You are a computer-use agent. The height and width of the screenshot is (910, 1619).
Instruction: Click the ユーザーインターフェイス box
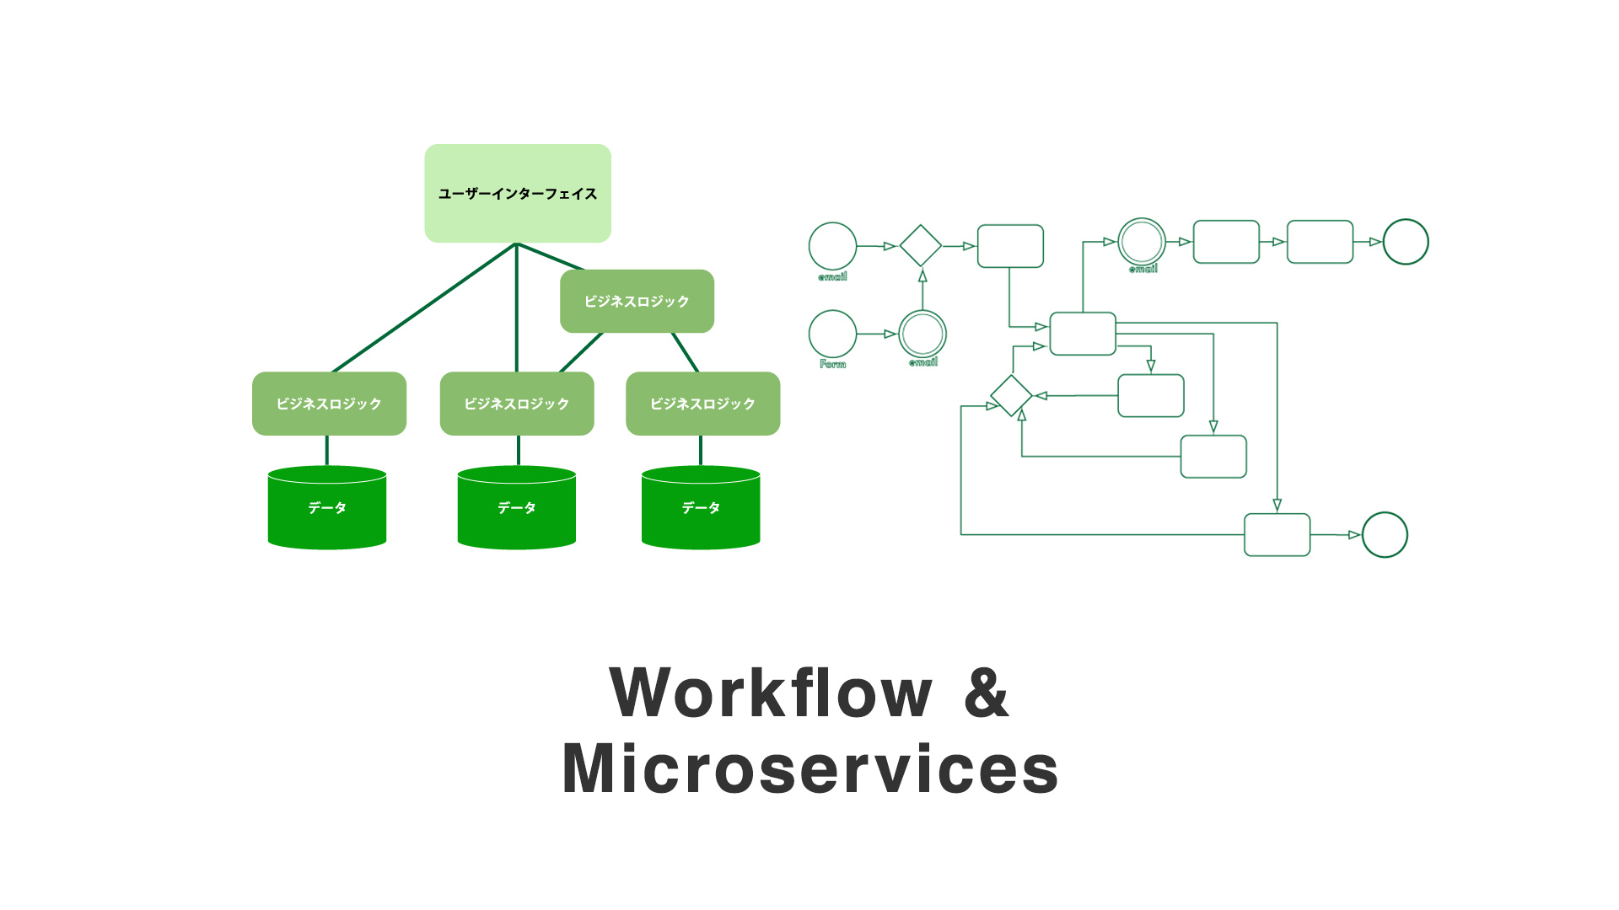tap(518, 193)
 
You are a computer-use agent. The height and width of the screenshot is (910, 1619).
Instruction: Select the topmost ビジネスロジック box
tap(637, 301)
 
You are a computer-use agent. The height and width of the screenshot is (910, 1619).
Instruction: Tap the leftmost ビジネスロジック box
tap(329, 404)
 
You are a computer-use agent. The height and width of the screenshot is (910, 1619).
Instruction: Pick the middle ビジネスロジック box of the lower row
tap(517, 404)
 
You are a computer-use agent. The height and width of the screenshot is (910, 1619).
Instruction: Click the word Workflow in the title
tap(771, 693)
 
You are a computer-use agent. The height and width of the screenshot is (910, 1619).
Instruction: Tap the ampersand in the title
tap(986, 693)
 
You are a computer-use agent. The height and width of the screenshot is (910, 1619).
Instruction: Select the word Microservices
tap(809, 768)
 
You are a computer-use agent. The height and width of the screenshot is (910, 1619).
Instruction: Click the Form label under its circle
tap(832, 364)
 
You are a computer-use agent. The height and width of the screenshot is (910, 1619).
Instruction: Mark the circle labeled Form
tap(832, 334)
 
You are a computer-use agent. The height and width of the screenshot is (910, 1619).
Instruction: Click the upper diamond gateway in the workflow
tap(920, 246)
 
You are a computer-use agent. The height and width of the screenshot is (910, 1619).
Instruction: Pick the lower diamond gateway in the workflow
tap(1011, 395)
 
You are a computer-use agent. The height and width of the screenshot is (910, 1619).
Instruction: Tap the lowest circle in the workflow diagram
tap(1385, 535)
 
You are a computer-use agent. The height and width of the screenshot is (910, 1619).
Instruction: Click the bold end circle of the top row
tap(1406, 242)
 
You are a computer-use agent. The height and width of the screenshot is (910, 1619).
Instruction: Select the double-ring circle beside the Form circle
tap(922, 334)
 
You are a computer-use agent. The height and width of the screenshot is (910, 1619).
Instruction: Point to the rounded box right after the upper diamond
tap(1010, 246)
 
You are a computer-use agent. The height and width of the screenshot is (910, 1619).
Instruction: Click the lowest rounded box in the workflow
tap(1277, 535)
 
